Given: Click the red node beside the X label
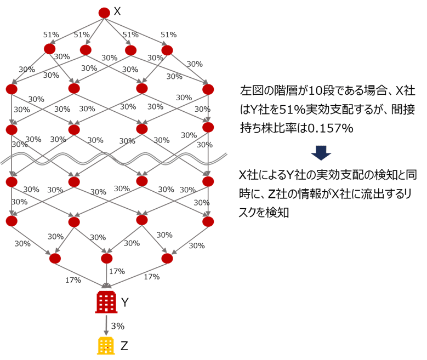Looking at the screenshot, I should coord(104,12).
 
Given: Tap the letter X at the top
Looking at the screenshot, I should coord(117,12).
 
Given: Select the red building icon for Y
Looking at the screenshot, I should coord(105,302).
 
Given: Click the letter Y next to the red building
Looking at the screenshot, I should coord(125,302).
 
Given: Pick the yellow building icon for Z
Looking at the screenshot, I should coord(105,345).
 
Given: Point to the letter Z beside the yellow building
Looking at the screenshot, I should coord(124,346).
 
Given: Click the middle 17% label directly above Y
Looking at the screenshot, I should coord(117,271).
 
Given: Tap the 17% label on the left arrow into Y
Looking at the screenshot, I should coord(73,279).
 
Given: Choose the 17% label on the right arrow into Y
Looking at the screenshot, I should coord(151,277).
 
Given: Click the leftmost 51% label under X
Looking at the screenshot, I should coord(51,35).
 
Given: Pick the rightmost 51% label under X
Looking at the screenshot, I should coord(168,35).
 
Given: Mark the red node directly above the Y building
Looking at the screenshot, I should coord(107,258).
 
